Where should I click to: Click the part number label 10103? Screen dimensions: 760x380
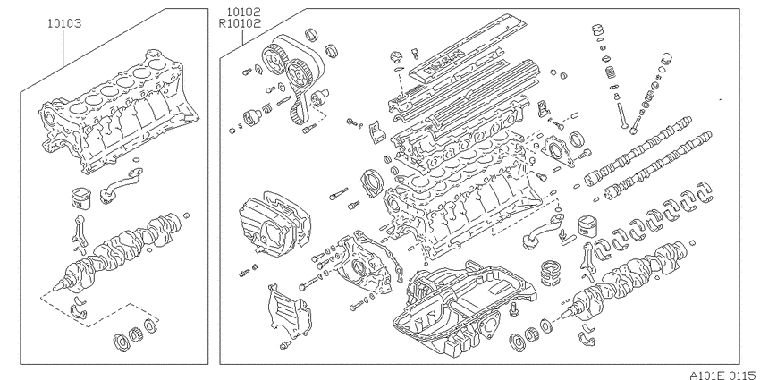pos(64,22)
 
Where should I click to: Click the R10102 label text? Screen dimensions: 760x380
pos(240,22)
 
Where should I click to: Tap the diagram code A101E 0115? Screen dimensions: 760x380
pos(724,375)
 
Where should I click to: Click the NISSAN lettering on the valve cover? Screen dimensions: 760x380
pos(444,62)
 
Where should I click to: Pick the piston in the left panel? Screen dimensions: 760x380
pos(80,198)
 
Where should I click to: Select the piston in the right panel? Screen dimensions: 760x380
pos(590,226)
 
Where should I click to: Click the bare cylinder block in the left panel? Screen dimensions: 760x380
pos(119,113)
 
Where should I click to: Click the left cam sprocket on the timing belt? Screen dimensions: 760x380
pos(273,57)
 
